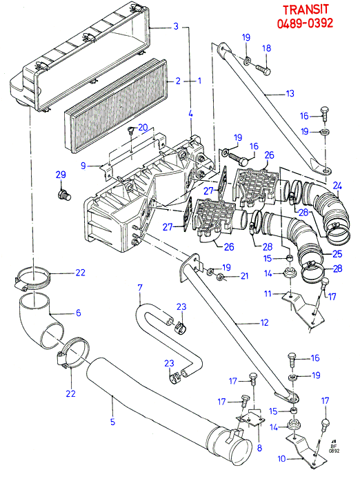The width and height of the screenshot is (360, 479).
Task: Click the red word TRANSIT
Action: coord(306,10)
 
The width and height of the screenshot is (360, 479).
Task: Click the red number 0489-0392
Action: coord(305,23)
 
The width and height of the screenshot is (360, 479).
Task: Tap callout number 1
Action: coord(199,81)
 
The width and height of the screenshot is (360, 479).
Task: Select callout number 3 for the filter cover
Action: coord(176,26)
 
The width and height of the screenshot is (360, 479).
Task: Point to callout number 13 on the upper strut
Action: coord(290,93)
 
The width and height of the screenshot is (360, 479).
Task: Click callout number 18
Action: coord(267,48)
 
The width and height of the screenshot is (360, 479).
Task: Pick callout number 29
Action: coord(61,175)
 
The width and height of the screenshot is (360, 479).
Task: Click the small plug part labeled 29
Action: coord(64,195)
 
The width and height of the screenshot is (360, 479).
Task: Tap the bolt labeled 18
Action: coord(262,70)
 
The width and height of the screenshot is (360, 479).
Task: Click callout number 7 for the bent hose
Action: coord(140,287)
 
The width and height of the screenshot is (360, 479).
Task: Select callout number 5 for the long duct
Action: coord(112,422)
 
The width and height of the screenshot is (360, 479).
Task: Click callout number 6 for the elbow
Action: coord(78,313)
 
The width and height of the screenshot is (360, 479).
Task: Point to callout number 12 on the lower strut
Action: coord(264,322)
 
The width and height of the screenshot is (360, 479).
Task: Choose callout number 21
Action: coord(245,276)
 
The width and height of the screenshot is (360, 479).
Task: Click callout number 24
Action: coord(337,186)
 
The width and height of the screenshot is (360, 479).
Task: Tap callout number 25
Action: coord(337,254)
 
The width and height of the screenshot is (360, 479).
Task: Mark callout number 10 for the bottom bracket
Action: coord(281,459)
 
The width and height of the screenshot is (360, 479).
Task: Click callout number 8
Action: coord(259,448)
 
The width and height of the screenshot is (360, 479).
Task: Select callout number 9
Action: coord(83,166)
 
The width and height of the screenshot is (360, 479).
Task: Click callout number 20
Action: coord(143,128)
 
